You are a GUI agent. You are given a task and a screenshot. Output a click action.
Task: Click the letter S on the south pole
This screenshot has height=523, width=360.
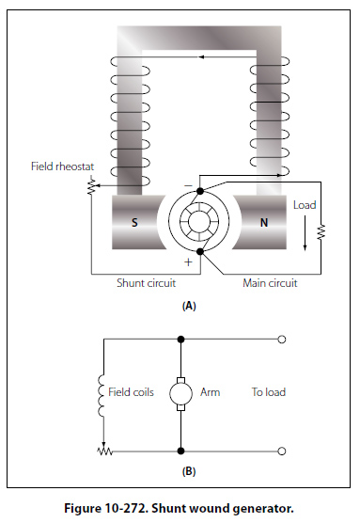(x=134, y=223)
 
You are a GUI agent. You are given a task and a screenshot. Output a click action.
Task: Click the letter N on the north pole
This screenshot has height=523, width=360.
(x=264, y=223)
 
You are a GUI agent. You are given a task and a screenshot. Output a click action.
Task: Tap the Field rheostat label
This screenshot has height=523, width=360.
(x=62, y=166)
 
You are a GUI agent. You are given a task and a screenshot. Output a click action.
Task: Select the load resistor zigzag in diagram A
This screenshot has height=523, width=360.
(x=321, y=232)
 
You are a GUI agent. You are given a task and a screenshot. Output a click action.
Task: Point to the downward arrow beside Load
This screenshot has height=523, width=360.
(x=305, y=233)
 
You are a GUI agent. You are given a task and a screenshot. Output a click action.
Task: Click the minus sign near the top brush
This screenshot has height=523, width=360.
(x=188, y=185)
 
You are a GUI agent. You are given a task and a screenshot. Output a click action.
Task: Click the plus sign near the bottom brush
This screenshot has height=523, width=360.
(x=188, y=262)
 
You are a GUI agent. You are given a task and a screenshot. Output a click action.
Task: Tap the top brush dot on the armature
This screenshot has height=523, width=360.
(x=200, y=191)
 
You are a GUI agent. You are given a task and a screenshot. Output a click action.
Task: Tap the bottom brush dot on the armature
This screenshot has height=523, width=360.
(x=200, y=251)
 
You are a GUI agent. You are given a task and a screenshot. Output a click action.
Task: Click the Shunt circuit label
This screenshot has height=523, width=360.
(x=146, y=283)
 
